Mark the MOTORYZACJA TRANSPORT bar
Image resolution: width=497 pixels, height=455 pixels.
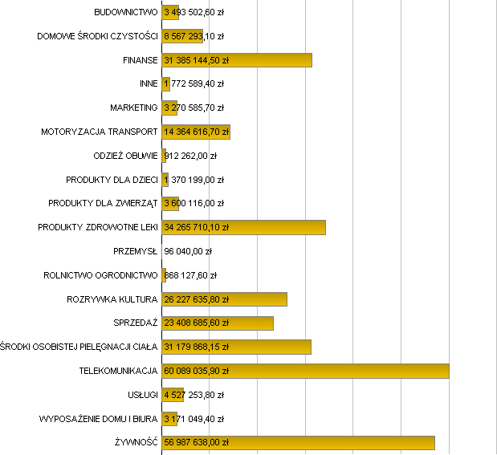196,132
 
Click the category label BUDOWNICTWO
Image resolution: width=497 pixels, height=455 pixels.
125,12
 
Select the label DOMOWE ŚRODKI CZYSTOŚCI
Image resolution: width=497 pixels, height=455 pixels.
97,36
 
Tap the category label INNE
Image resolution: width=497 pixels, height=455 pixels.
149,83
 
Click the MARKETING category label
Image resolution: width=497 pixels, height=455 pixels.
134,108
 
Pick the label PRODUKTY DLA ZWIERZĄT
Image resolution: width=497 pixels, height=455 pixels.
103,203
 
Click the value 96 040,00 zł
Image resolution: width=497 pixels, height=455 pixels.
188,251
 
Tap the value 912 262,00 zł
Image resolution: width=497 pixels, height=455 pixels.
190,156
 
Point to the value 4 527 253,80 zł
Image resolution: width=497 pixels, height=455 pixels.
194,395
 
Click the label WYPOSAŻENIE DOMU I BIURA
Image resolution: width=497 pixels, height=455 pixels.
98,419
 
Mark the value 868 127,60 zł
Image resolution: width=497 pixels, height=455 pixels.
190,275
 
